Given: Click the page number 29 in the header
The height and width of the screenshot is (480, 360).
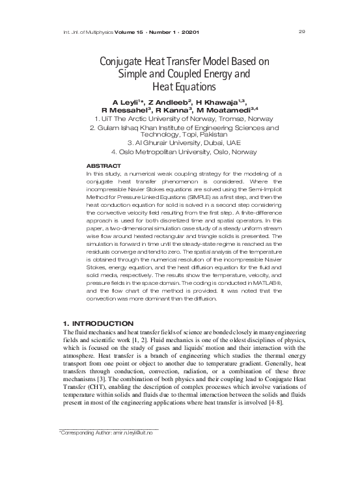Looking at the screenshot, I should point(301,14).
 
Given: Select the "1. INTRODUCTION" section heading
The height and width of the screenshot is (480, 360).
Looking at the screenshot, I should point(97,323).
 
